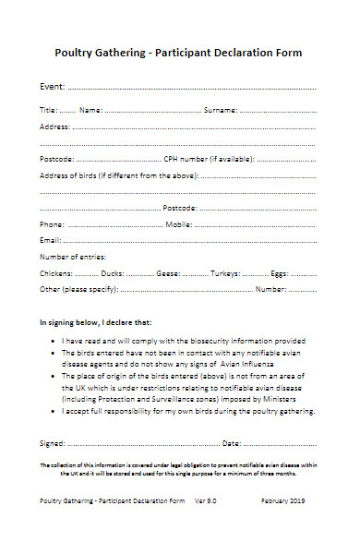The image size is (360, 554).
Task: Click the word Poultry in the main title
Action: (x=79, y=54)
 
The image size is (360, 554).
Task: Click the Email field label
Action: (x=50, y=240)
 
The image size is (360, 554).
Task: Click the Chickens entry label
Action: (x=55, y=273)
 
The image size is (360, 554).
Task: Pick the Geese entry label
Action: (x=168, y=273)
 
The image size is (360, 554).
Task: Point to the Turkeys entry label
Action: (x=225, y=273)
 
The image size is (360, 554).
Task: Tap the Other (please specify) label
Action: (x=78, y=290)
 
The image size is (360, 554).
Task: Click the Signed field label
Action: (x=53, y=443)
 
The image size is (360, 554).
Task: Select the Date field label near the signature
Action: (x=232, y=443)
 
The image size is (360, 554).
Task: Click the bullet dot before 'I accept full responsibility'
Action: (x=53, y=411)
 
